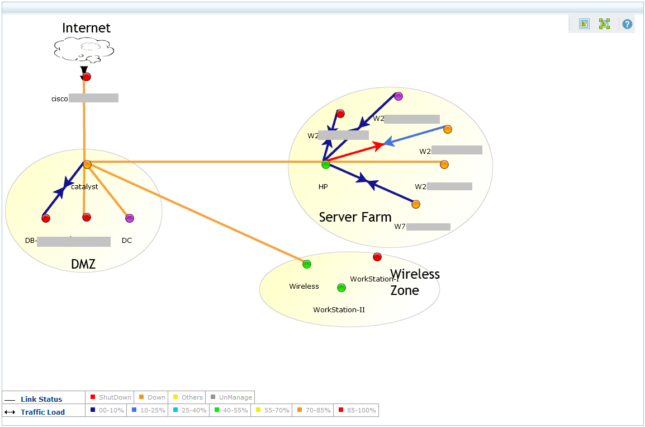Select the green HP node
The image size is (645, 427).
click(326, 165)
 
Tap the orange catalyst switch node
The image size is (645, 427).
click(87, 165)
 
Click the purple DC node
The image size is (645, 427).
click(130, 218)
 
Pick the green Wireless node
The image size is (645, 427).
click(307, 264)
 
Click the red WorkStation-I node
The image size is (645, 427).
click(377, 257)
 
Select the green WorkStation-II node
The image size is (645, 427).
click(342, 288)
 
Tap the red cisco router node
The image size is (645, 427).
click(87, 77)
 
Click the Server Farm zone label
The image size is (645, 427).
click(355, 217)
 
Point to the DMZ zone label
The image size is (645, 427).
click(83, 264)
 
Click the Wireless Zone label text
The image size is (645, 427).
click(415, 282)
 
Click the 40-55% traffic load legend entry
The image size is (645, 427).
click(232, 410)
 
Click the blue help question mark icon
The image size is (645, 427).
click(628, 24)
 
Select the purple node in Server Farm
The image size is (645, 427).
click(399, 96)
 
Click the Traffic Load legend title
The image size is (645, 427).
click(42, 412)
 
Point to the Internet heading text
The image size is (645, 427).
click(86, 28)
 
